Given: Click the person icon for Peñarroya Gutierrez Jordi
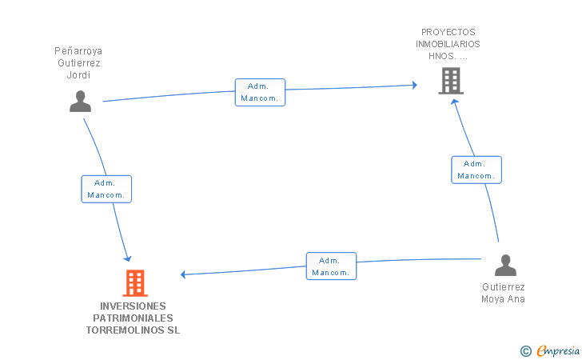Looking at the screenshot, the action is [80, 101].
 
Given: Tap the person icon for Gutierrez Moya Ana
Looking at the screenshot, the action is [505, 265].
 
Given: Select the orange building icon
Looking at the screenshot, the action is [135, 283].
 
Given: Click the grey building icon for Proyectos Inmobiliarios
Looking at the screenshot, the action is [451, 81].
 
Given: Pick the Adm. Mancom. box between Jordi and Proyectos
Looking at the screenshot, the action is [260, 93].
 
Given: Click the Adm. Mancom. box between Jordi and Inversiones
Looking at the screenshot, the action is [106, 189].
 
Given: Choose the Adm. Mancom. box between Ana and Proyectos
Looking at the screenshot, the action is [476, 170].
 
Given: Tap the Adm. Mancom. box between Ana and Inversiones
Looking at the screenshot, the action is [332, 266].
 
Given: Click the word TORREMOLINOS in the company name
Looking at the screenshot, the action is [123, 330].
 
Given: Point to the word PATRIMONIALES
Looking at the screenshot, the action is [133, 318].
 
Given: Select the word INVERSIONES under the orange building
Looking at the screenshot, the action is [133, 306].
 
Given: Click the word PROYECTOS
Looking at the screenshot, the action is [448, 32].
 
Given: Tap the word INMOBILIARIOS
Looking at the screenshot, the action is [448, 44].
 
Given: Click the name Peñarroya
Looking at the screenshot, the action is [78, 51].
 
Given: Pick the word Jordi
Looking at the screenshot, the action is [78, 75].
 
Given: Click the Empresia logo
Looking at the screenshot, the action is [558, 350].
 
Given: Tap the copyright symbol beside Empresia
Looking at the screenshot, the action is [526, 351].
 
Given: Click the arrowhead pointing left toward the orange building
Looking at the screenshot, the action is [183, 274].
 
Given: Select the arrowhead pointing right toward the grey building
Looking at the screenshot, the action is [415, 85].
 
